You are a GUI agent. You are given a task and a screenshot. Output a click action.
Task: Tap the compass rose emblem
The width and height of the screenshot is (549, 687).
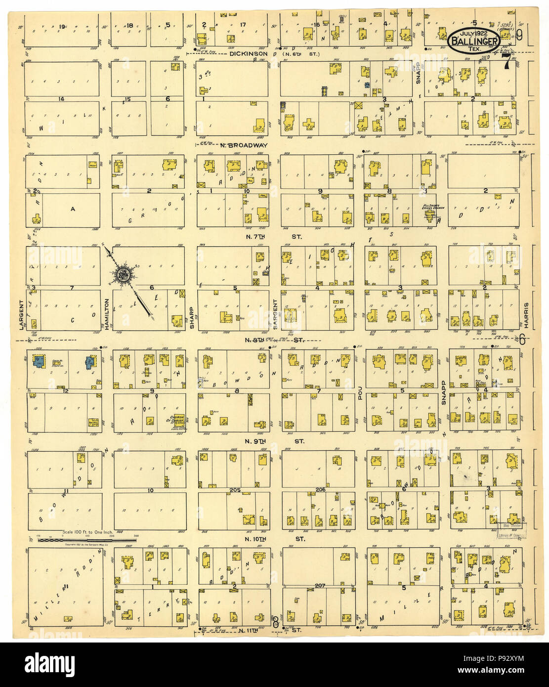coord(123,272)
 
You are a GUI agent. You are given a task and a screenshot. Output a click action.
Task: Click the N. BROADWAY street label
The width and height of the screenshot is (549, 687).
coord(244,145)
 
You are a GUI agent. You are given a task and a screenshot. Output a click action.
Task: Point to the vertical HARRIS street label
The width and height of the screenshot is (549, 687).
coord(527,315)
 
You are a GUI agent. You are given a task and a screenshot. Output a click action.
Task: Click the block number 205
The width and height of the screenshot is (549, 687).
coord(235,490)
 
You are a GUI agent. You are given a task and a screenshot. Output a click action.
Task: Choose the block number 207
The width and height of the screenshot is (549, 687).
coord(319,586)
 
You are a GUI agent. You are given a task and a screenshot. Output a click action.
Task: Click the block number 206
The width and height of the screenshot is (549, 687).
coord(320,489)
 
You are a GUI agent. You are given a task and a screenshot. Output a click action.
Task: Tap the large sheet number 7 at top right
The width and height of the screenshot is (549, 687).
coord(506,63)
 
